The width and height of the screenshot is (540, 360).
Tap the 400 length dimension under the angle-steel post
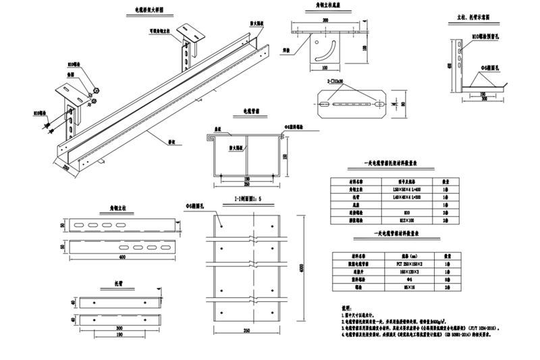click(122, 257)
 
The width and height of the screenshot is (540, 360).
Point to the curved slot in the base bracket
click(329, 51)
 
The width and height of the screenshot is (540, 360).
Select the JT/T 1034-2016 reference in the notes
click(482, 327)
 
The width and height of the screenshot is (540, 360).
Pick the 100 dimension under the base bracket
click(325, 68)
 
